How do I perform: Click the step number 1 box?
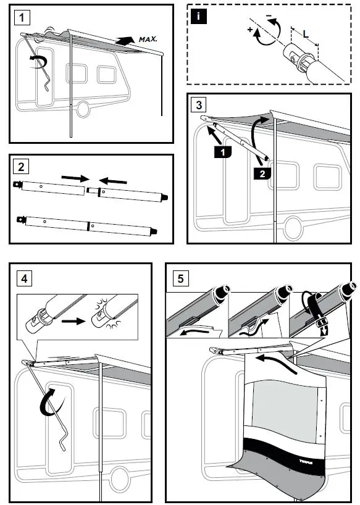click(x=23, y=17)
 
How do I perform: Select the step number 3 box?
click(x=198, y=104)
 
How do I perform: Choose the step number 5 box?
click(x=180, y=278)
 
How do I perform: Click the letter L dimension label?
click(x=305, y=35)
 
